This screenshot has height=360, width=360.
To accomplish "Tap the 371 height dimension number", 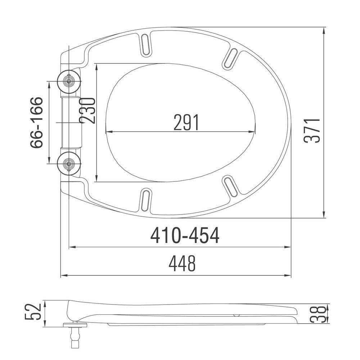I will point(312,130).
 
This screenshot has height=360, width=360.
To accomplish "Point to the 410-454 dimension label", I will point(185,236).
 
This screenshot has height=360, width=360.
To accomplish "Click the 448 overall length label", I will point(183,265).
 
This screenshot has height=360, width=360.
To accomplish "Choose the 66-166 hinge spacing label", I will point(37,122).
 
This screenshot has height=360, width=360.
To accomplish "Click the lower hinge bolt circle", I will point(69,164).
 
